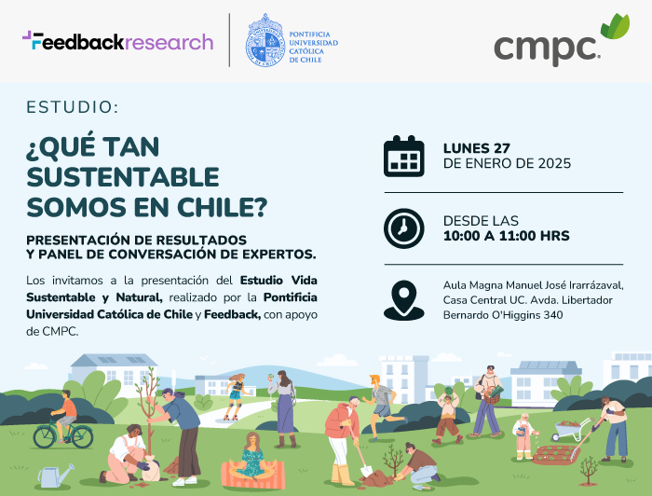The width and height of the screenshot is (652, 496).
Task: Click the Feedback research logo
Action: coord(117,41)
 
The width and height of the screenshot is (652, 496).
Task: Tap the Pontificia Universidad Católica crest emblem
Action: coord(265,40)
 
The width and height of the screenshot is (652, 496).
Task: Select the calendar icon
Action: coord(403,156)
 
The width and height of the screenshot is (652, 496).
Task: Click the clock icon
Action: coord(403,228)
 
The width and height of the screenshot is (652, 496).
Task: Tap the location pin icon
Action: coord(403,300)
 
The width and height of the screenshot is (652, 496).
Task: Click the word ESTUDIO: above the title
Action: coord(73,107)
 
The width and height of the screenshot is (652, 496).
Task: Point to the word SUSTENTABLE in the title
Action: coord(123,177)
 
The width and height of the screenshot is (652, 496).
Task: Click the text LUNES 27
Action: coord(477,148)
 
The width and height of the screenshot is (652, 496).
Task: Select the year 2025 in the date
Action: coord(554,163)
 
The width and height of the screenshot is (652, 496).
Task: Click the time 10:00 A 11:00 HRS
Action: coord(506,236)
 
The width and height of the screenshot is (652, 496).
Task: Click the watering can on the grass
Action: coord(56,475)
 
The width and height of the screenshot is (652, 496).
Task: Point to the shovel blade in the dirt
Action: coord(366,471)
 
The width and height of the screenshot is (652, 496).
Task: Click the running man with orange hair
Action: coord(382,406)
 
